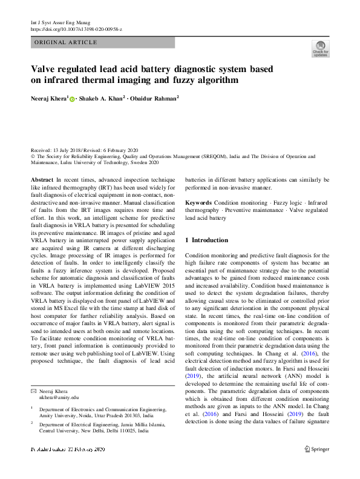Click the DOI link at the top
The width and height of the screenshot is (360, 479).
(76, 29)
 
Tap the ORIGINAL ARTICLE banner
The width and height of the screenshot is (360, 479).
(66, 42)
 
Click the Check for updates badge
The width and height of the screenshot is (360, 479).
(320, 48)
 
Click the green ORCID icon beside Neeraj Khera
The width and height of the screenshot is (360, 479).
(73, 99)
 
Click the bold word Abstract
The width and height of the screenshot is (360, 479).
(42, 180)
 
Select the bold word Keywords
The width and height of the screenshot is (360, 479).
(198, 202)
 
